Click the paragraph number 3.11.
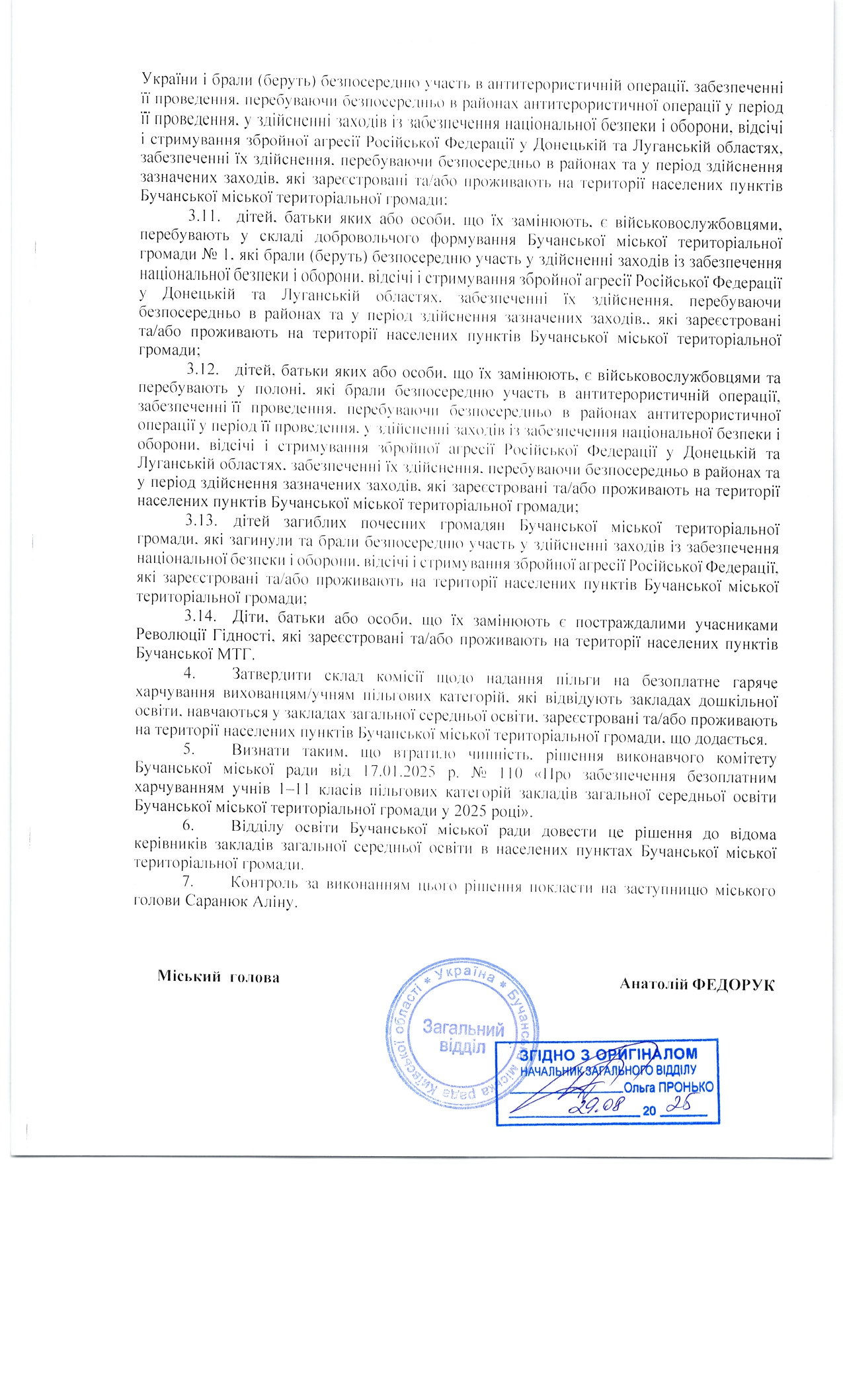coord(202,216)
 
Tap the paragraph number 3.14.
coord(200,616)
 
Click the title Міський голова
coord(218,977)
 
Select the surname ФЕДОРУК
coord(733,984)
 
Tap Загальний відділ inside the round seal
coord(463,1038)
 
